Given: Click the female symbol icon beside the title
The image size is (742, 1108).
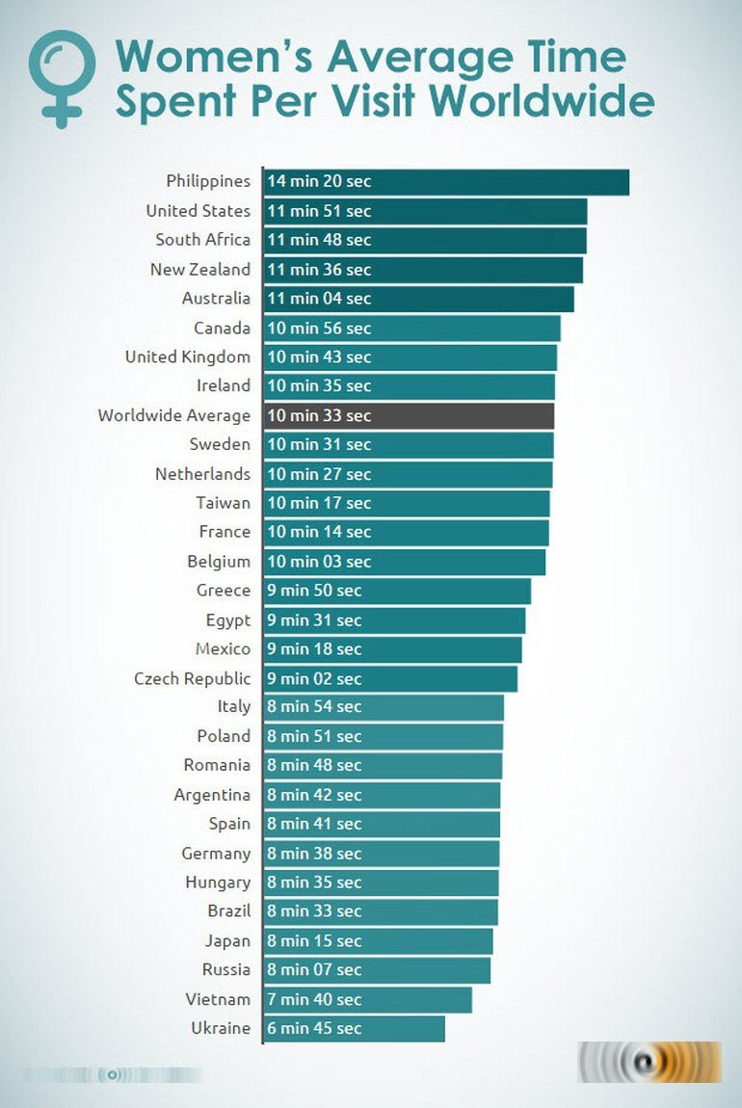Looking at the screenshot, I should point(63,77).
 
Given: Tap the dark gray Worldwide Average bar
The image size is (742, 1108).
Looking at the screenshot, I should point(463,415).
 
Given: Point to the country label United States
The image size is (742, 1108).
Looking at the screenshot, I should point(198,211).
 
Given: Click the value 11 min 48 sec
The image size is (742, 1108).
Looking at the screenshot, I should point(319,240).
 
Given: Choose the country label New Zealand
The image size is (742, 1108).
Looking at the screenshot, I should point(199,270).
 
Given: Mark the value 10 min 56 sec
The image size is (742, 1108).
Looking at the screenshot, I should point(319,328).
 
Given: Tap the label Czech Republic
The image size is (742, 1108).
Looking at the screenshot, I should point(192,678).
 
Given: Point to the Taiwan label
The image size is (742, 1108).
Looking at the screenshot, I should point(223,503).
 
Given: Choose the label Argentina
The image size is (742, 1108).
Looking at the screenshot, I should point(212,795).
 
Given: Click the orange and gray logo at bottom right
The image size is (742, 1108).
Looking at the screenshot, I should point(649,1062).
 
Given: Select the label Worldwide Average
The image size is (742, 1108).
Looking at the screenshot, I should point(173,415).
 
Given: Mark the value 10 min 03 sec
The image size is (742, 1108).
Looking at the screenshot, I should point(319,561).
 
